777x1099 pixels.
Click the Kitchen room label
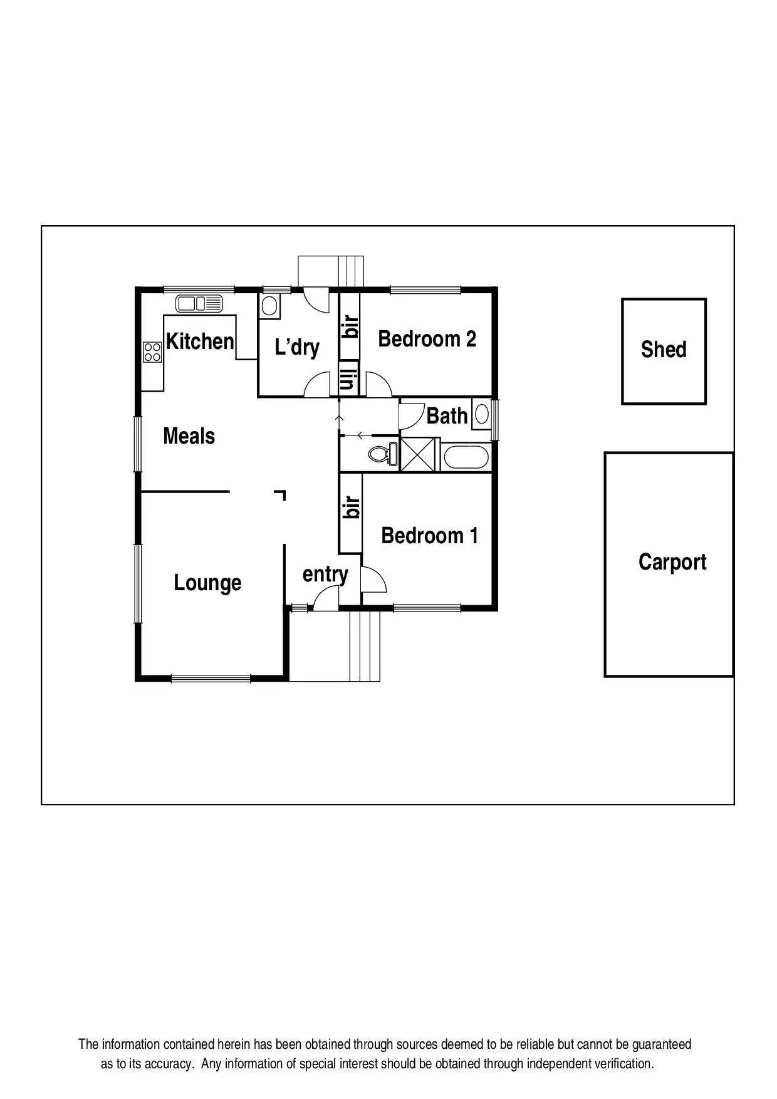[200, 341]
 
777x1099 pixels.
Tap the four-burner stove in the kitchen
[152, 352]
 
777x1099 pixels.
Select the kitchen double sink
[199, 304]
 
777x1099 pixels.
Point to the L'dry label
[297, 347]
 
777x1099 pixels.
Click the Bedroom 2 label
[427, 339]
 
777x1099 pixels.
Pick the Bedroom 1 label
[429, 536]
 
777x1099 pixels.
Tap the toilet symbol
[383, 453]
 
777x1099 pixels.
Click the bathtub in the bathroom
[466, 457]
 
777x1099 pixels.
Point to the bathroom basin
[482, 414]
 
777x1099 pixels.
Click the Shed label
[664, 350]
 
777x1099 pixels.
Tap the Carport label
[672, 562]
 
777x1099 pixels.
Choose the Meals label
[189, 436]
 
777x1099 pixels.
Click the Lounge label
[207, 583]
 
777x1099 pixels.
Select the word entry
[325, 574]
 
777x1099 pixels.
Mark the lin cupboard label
[349, 378]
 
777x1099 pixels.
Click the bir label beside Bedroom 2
[350, 326]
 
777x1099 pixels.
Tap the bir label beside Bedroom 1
[352, 508]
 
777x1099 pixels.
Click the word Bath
[447, 416]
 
